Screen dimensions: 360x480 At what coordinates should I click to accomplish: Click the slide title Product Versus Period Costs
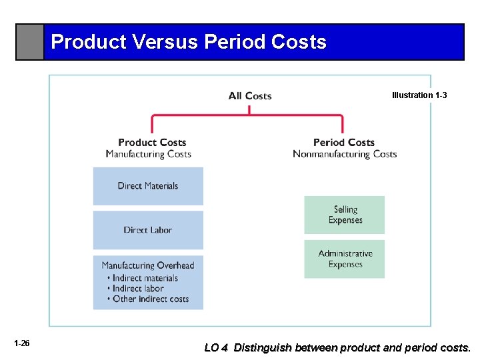pos(189,42)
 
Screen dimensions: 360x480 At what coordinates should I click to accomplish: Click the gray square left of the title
pos(30,42)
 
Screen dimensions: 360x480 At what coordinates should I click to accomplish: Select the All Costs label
pos(250,96)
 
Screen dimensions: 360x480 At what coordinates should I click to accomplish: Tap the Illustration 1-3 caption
pos(419,95)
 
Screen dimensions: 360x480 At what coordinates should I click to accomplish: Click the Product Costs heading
pos(152,142)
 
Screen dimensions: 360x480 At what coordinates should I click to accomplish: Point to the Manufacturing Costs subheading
pos(148,154)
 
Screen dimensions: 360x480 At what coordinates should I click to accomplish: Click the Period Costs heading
pos(344,142)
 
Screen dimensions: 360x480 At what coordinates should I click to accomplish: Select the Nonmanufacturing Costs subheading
pos(345,154)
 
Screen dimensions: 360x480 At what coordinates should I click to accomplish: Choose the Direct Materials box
pos(148,186)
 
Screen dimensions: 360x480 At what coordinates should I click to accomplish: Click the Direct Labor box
pos(148,230)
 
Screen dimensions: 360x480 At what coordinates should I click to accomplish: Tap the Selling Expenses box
pos(345,215)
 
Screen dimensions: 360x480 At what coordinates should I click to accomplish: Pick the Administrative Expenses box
pos(345,259)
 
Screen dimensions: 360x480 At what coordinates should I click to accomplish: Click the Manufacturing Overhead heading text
pos(148,265)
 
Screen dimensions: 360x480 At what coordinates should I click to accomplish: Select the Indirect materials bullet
pos(145,278)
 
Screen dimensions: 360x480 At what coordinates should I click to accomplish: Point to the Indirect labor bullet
pos(138,289)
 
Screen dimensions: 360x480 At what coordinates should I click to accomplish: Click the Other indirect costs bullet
pos(151,299)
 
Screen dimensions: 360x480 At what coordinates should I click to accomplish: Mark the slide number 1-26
pos(21,343)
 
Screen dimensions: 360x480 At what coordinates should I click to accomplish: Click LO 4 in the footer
pos(216,347)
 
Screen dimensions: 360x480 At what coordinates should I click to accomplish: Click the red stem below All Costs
pos(249,109)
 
